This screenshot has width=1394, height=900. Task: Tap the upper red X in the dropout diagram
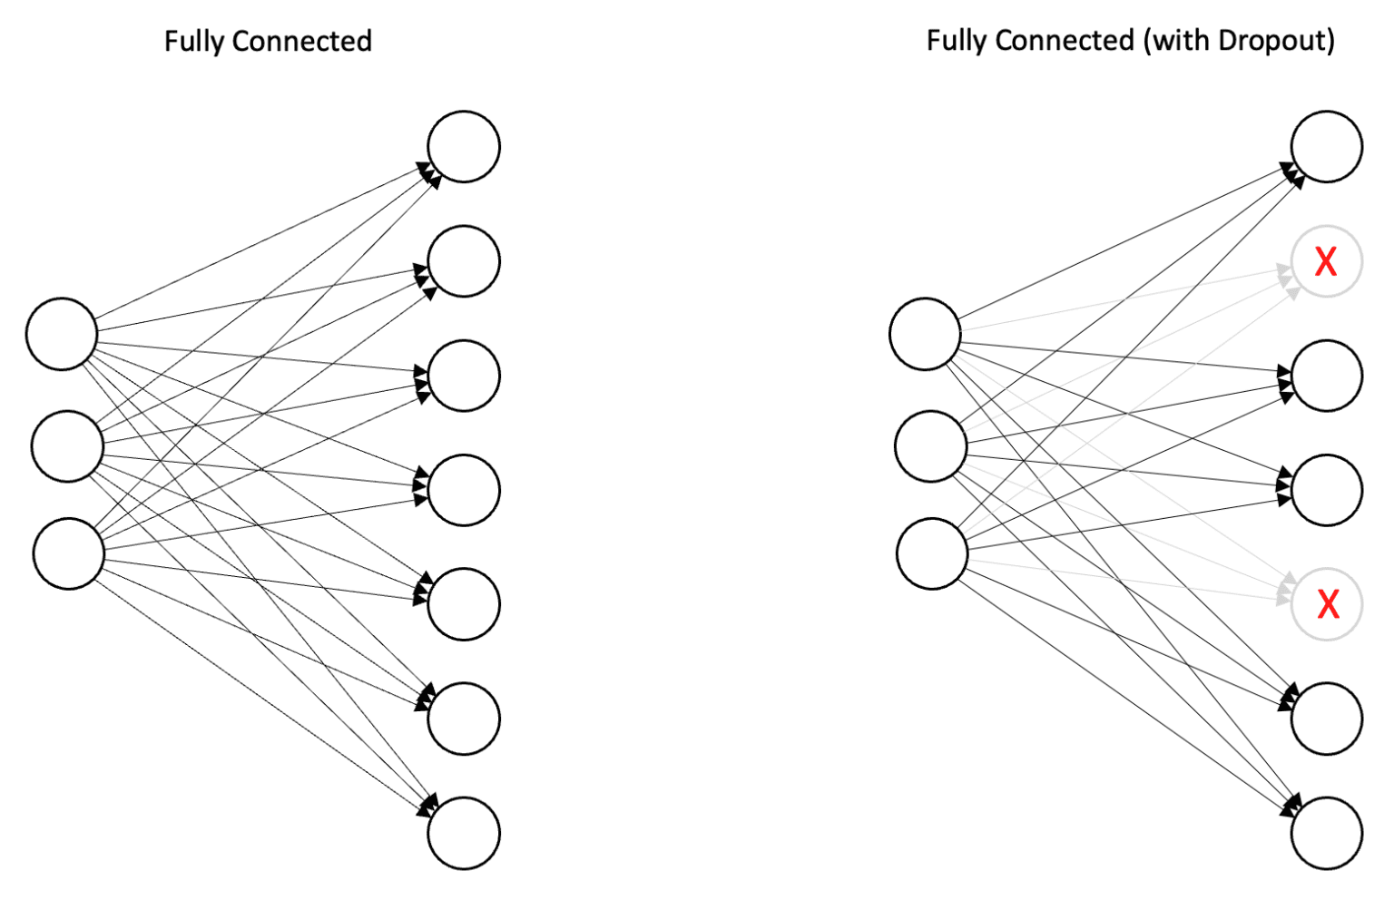[x=1326, y=262]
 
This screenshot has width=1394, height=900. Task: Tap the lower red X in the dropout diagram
[x=1328, y=604]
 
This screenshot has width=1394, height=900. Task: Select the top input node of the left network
[x=62, y=334]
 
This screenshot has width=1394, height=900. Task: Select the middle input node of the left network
[x=67, y=446]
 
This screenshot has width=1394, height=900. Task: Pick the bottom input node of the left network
[x=69, y=553]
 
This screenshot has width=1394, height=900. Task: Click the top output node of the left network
[x=464, y=147]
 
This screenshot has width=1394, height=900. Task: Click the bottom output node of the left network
[x=464, y=833]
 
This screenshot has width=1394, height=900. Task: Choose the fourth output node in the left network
[x=464, y=490]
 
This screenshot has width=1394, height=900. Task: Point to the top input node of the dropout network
[x=925, y=334]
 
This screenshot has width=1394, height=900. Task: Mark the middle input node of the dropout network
[x=930, y=446]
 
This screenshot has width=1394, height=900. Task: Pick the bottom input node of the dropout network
[x=932, y=553]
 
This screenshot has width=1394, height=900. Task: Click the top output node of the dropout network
[x=1327, y=147]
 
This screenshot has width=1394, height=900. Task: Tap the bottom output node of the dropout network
[x=1327, y=833]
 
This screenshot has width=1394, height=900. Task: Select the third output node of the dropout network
[x=1327, y=376]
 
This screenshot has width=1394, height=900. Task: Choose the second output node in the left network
[x=464, y=261]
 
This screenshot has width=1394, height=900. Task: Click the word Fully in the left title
[x=194, y=42]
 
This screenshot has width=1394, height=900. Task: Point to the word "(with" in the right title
[x=1175, y=42]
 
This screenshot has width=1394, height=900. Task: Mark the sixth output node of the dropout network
[x=1327, y=719]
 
